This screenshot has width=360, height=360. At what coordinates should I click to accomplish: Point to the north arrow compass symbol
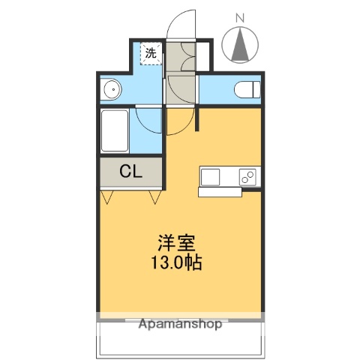pyautogui.click(x=241, y=45)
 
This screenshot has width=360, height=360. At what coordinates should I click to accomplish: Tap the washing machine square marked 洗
pyautogui.click(x=151, y=53)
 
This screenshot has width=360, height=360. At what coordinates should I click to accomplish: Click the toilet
pyautogui.click(x=245, y=90)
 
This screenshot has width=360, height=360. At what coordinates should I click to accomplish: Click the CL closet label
pyautogui.click(x=130, y=171)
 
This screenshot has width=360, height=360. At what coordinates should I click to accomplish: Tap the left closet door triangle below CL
pyautogui.click(x=109, y=197)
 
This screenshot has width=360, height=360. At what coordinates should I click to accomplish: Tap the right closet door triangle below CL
pyautogui.click(x=155, y=197)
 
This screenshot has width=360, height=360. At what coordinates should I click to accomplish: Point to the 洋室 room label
pyautogui.click(x=178, y=245)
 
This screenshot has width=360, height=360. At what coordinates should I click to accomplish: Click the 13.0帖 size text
pyautogui.click(x=178, y=263)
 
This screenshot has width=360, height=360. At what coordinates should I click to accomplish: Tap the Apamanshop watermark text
pyautogui.click(x=180, y=325)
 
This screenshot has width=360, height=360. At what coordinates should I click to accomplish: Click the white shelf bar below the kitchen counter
pyautogui.click(x=219, y=192)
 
